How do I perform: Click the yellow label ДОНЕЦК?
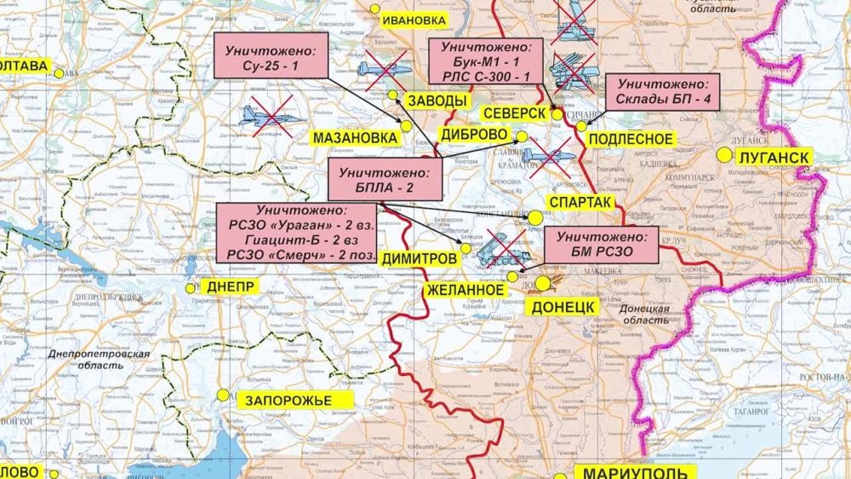click(563, 306)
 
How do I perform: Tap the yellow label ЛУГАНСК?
click(773, 157)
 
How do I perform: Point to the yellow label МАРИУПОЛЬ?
click(635, 472)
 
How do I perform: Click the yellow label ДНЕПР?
click(229, 286)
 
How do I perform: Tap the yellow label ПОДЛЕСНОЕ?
click(631, 139)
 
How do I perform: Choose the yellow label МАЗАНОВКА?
click(355, 137)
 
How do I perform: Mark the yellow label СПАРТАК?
click(581, 202)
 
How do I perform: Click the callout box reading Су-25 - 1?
click(271, 57)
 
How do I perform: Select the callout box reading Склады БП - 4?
click(663, 92)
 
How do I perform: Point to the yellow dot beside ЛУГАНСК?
click(723, 155)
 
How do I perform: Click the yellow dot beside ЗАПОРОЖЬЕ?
click(223, 395)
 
